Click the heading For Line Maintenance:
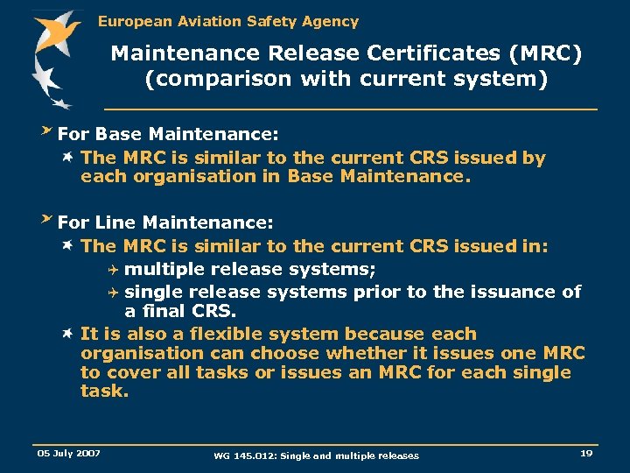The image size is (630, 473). (x=165, y=222)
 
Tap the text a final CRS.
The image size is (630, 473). (x=180, y=311)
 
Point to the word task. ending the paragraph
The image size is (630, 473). (x=104, y=392)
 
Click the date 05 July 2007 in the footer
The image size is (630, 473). (x=68, y=453)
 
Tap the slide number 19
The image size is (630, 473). (x=585, y=453)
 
